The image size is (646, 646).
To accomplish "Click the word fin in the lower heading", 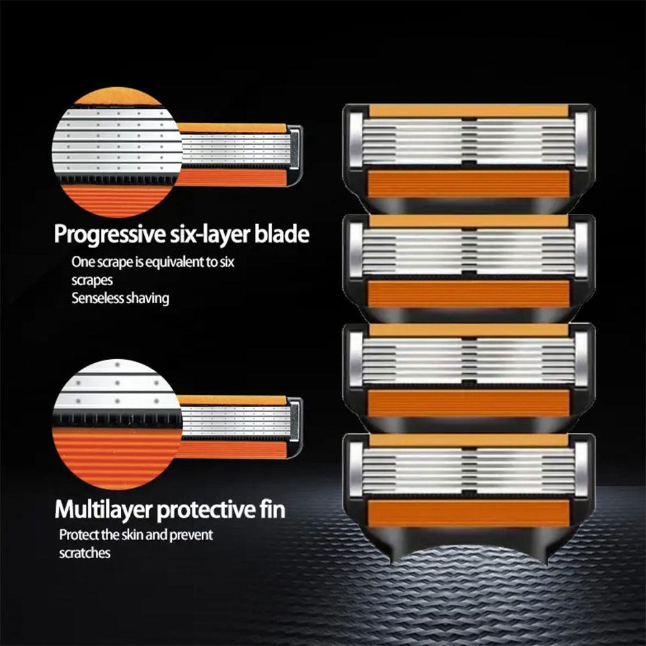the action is pyautogui.click(x=273, y=508).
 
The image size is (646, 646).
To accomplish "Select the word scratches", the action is pyautogui.click(x=85, y=553).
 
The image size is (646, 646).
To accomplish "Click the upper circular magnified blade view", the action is pyautogui.click(x=118, y=152).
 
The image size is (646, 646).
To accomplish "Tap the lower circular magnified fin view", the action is pyautogui.click(x=118, y=424).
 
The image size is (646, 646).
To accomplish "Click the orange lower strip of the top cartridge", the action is pyautogui.click(x=468, y=184).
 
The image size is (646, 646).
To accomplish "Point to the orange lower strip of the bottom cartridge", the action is pyautogui.click(x=468, y=514).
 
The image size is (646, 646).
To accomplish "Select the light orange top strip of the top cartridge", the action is pyautogui.click(x=469, y=111).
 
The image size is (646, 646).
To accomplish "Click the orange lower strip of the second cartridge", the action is pyautogui.click(x=468, y=294).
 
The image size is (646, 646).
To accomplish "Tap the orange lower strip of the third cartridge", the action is pyautogui.click(x=468, y=404).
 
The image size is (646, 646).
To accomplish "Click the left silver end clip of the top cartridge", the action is pyautogui.click(x=355, y=140).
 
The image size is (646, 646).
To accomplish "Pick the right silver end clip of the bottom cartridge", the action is pyautogui.click(x=581, y=469).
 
